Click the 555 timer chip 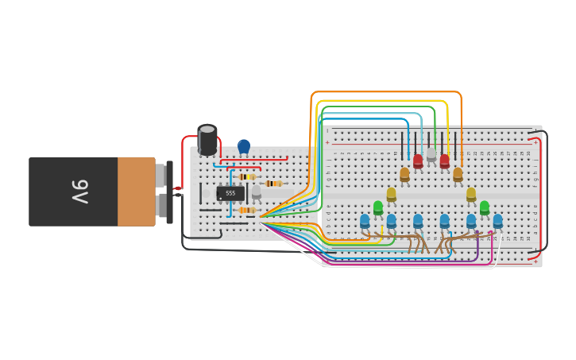pyautogui.click(x=230, y=193)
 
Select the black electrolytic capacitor pyautogui.click(x=207, y=140)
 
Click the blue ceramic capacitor pyautogui.click(x=244, y=146)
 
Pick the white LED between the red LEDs pyautogui.click(x=431, y=154)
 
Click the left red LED pyautogui.click(x=418, y=161)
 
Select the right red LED pyautogui.click(x=445, y=161)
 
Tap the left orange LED pyautogui.click(x=404, y=174)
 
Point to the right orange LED pyautogui.click(x=458, y=174)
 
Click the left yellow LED pyautogui.click(x=391, y=194)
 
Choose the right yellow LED pyautogui.click(x=471, y=194)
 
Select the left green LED pyautogui.click(x=378, y=207)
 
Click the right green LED pyautogui.click(x=485, y=207)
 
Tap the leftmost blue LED pyautogui.click(x=365, y=221)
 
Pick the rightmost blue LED pyautogui.click(x=498, y=221)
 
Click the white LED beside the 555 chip pyautogui.click(x=256, y=192)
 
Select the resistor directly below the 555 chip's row pyautogui.click(x=247, y=211)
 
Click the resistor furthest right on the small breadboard pyautogui.click(x=274, y=184)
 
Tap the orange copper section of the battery pyautogui.click(x=136, y=192)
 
